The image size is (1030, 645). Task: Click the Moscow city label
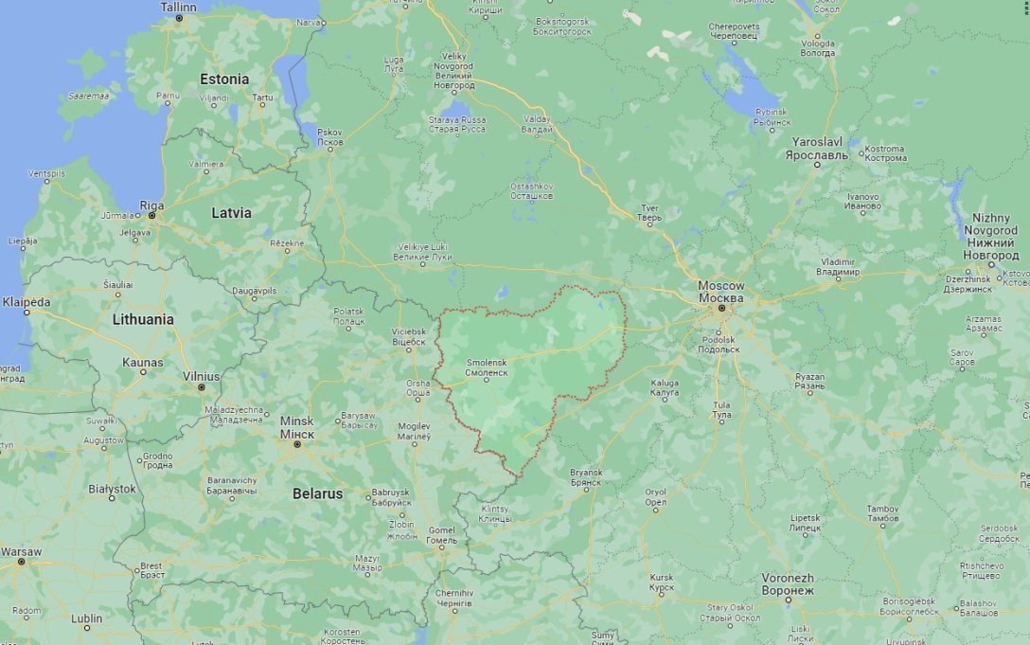(x=720, y=291)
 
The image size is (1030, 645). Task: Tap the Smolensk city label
(x=487, y=367)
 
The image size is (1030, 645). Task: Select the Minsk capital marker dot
(x=297, y=443)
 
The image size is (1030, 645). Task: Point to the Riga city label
(x=151, y=206)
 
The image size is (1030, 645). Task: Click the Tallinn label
(x=178, y=7)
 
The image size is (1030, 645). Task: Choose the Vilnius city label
(x=201, y=376)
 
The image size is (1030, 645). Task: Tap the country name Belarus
(x=318, y=493)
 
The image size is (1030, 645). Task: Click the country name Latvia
(x=231, y=213)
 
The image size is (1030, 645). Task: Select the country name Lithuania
(x=143, y=319)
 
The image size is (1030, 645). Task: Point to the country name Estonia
(x=224, y=79)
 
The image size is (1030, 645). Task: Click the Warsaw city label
(x=21, y=551)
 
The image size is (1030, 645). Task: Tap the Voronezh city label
(x=788, y=583)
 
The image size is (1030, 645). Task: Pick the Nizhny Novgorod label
(x=991, y=237)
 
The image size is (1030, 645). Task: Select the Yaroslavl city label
(x=819, y=148)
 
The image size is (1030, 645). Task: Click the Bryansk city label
(x=586, y=477)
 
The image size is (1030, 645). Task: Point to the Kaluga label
(x=664, y=387)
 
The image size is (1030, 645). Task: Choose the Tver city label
(x=649, y=213)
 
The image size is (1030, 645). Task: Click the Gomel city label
(x=441, y=535)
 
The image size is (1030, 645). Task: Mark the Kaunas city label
(x=142, y=362)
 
